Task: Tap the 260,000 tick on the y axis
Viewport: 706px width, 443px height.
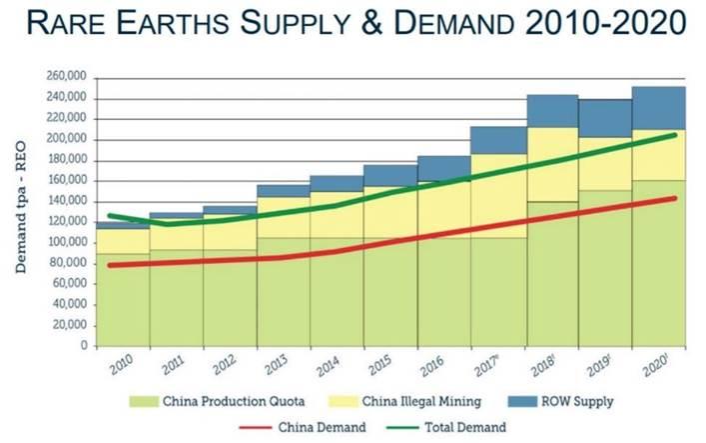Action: (64, 77)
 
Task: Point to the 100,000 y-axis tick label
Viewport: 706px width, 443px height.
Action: (64, 243)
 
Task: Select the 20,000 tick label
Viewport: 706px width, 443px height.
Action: (67, 325)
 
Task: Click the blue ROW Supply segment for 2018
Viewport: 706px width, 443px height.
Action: (551, 111)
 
